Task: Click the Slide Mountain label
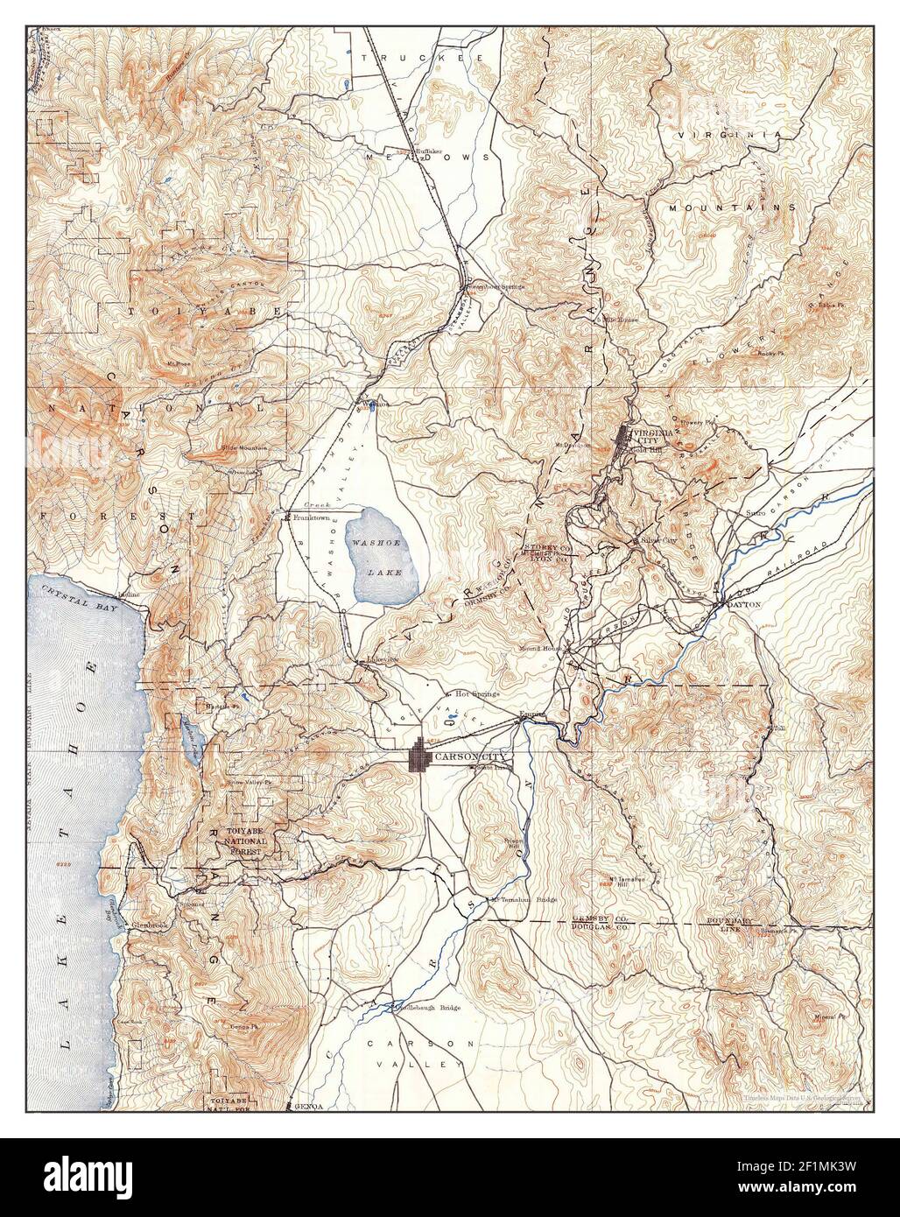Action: [x=244, y=448]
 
